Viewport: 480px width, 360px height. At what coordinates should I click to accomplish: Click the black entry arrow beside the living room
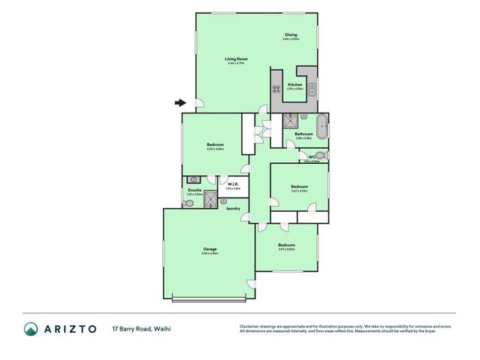pyautogui.click(x=180, y=103)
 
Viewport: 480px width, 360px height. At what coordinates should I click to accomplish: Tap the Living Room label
pyautogui.click(x=237, y=59)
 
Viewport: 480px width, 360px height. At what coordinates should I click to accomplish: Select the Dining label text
pyautogui.click(x=291, y=35)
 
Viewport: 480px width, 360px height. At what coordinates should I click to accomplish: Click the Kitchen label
pyautogui.click(x=294, y=85)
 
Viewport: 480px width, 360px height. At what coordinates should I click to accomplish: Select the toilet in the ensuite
pyautogui.click(x=188, y=202)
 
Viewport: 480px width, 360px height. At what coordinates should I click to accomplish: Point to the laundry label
pyautogui.click(x=234, y=208)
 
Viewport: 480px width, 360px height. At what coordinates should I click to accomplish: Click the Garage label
pyautogui.click(x=210, y=249)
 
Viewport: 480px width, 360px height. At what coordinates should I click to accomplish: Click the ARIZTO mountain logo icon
pyautogui.click(x=31, y=329)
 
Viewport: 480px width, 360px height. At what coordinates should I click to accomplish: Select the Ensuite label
pyautogui.click(x=194, y=191)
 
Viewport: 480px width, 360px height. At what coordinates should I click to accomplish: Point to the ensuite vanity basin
pyautogui.click(x=194, y=180)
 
